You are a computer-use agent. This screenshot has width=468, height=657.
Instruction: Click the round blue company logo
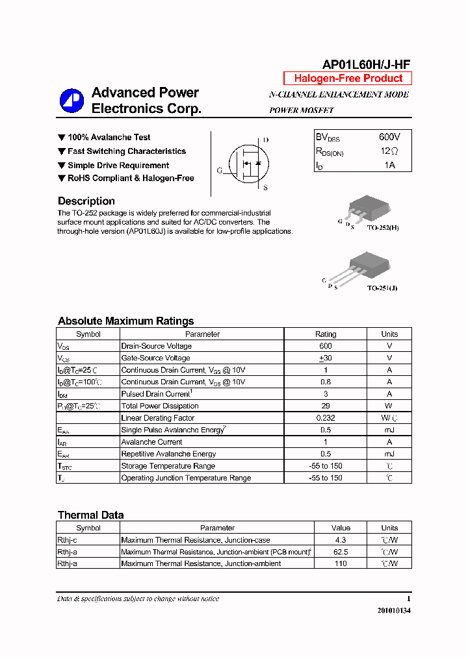71,101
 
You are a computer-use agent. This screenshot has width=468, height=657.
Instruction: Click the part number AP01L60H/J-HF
366,64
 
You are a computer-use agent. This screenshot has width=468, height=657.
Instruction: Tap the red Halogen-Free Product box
348,79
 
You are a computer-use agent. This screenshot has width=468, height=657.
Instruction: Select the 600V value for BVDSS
389,137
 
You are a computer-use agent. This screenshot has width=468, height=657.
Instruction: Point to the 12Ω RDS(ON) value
389,151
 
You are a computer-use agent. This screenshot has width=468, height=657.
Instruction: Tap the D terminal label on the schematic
266,140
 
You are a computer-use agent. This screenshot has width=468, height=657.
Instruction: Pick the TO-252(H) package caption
382,229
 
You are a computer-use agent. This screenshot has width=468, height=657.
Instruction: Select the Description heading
86,201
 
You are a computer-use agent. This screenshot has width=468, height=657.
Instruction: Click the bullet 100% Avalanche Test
109,138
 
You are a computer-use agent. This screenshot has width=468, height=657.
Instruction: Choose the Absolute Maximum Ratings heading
125,321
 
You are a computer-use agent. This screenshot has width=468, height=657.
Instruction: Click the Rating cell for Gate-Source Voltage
326,358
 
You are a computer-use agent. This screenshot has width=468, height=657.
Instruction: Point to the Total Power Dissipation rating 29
326,406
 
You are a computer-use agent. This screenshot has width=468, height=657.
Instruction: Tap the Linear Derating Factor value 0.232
326,418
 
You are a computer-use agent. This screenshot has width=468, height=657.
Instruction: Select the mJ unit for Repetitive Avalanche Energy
389,454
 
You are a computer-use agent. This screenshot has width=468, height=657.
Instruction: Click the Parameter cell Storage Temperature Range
168,466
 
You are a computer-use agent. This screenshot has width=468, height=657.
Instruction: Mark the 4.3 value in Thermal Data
341,540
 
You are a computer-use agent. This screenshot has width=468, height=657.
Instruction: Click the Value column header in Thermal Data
341,528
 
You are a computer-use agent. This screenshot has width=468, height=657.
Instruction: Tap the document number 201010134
394,611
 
